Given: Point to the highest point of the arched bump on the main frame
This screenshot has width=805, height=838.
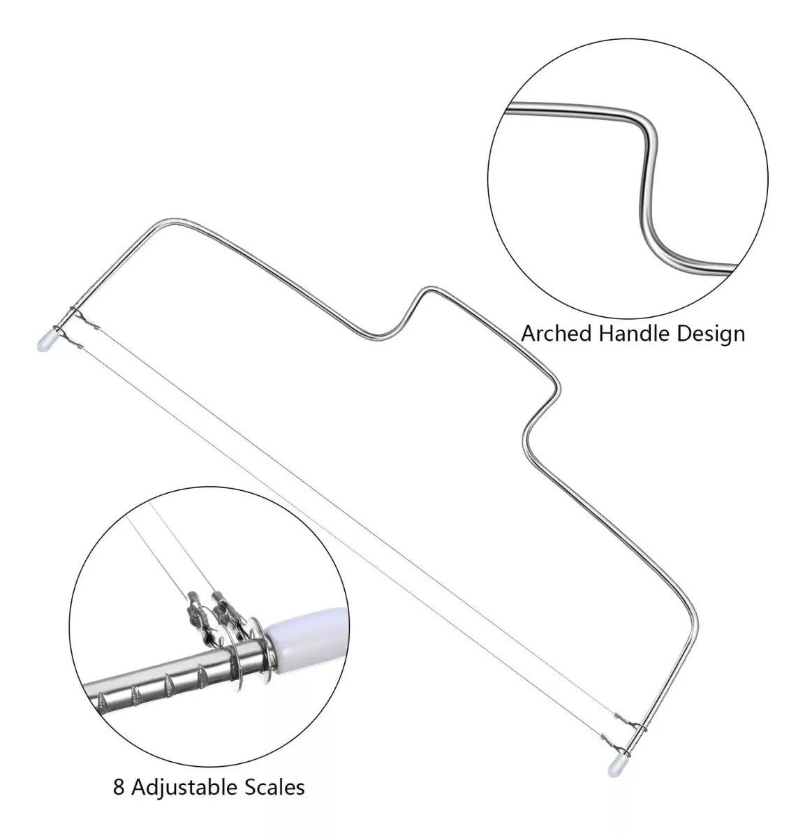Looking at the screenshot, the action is point(428,287).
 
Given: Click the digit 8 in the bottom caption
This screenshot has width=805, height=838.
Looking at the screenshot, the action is point(119,787).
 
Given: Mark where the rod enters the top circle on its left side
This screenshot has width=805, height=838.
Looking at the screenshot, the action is point(507,110).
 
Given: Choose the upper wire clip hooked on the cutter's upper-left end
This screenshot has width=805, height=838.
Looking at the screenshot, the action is point(87,323).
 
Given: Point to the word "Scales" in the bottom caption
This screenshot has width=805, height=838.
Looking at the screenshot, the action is point(275,787).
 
